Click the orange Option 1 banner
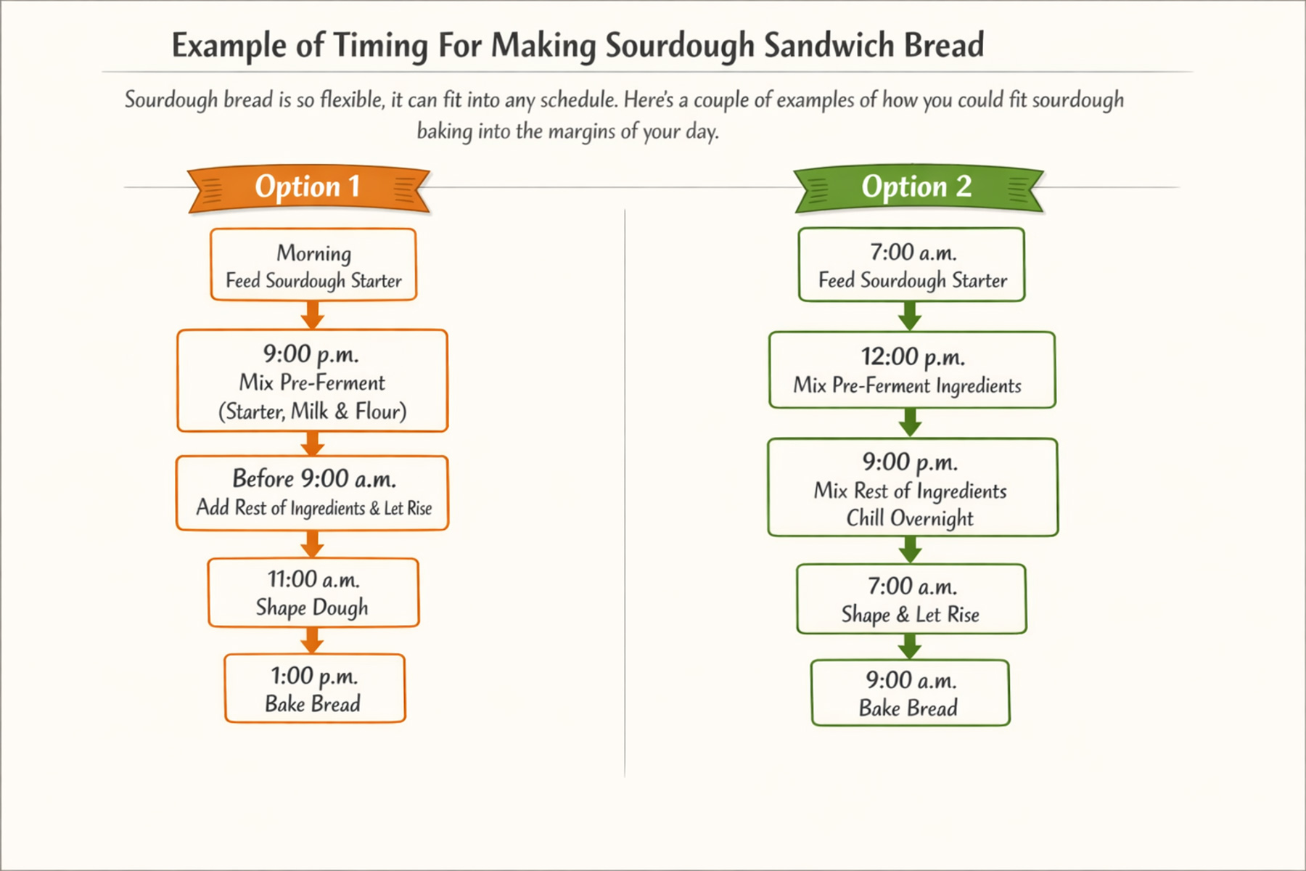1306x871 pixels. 308,188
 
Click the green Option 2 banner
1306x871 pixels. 917,188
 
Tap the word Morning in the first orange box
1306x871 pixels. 313,253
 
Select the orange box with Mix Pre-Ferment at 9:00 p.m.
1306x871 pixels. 312,381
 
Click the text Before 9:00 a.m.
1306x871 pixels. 314,479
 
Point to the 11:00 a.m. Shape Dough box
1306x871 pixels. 313,592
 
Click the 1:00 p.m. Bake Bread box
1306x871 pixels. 315,688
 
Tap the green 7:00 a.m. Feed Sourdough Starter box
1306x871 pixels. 911,265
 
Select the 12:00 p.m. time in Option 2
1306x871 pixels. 913,357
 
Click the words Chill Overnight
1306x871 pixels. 910,518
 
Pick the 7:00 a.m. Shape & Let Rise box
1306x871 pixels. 911,600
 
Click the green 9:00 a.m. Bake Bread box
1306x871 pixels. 910,693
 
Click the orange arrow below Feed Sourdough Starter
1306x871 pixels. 313,315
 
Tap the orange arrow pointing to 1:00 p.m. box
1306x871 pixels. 313,640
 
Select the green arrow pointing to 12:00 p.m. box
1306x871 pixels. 910,316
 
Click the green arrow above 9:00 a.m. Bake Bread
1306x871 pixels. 910,646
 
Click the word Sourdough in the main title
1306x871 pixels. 680,45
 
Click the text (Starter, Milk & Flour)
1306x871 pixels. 312,412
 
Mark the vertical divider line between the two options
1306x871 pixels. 625,494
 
